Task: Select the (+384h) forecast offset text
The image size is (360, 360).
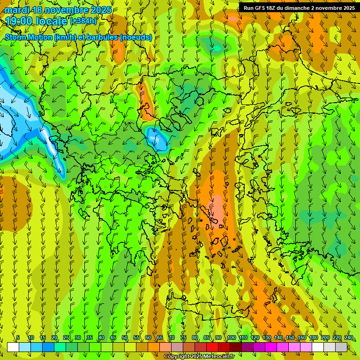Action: [x=83, y=21]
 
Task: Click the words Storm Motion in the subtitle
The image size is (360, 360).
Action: [x=28, y=37]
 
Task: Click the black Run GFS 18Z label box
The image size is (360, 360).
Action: [x=299, y=8]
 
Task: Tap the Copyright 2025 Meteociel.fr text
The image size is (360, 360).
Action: [x=199, y=357]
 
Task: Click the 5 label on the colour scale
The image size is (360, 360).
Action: [x=18, y=338]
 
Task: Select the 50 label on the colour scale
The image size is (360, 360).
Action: [x=125, y=338]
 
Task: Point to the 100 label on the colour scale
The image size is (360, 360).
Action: [x=232, y=338]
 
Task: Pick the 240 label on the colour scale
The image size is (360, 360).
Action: [x=349, y=338]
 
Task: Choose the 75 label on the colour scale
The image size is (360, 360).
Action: [x=183, y=338]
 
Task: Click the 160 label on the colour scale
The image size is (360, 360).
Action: [x=302, y=338]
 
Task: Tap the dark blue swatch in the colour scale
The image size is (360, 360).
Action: [x=48, y=347]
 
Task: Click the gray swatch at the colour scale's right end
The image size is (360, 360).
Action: [x=341, y=347]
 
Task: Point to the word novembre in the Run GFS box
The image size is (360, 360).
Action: [x=330, y=8]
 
